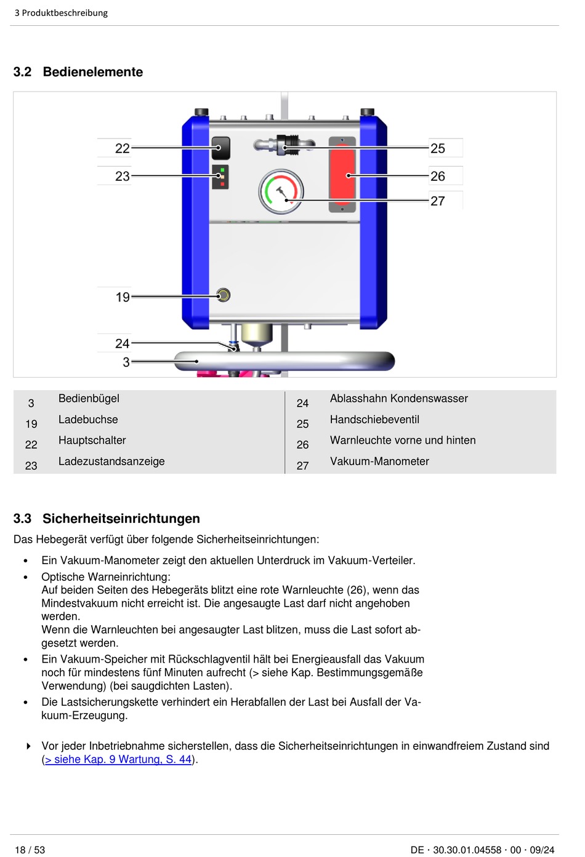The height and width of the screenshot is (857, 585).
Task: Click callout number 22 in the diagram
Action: pos(122,148)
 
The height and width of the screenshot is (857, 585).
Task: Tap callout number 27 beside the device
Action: pos(438,201)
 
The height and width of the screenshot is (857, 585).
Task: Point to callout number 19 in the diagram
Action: pos(123,297)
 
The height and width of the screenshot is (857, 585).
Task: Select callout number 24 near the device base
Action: pos(122,343)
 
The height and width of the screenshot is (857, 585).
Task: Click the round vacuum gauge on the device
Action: pos(281,191)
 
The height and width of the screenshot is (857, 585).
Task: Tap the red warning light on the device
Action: pos(342,175)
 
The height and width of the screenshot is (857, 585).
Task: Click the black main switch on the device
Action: pos(220,148)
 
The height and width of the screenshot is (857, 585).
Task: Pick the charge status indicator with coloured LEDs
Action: pos(220,177)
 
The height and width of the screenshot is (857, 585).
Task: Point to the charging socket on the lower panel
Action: pos(224,295)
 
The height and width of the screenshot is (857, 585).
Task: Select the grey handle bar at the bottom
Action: pos(283,361)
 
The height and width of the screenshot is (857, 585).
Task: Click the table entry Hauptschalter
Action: pos(92,440)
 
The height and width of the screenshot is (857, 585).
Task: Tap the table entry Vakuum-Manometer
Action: pos(379,461)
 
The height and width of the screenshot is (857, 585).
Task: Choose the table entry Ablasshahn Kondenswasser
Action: pos(398,399)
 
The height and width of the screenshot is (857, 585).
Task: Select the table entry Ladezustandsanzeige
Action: pos(111,461)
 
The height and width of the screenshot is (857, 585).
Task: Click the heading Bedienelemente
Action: pos(92,72)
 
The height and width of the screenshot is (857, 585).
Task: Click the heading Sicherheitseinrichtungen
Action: pos(121,519)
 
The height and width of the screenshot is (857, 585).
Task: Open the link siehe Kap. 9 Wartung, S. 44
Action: pos(119,759)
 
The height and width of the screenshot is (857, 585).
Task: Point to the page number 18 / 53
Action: pos(30,850)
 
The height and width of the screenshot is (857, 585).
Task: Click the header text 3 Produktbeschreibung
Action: pos(61,13)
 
